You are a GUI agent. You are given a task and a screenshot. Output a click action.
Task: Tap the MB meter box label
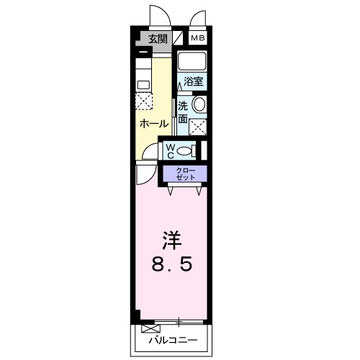click(x=197, y=39)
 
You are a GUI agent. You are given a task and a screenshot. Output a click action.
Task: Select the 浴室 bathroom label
click(x=192, y=81)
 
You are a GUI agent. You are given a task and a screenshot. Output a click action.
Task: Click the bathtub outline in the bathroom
click(x=192, y=60)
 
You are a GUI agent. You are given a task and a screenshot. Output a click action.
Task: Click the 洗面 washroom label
click(x=183, y=112)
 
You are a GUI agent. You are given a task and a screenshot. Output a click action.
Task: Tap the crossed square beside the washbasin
click(x=197, y=127)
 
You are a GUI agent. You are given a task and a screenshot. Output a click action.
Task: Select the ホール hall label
click(x=153, y=123)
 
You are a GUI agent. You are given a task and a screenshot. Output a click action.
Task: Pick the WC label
click(x=171, y=150)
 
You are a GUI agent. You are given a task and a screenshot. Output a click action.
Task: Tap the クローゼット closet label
click(x=182, y=173)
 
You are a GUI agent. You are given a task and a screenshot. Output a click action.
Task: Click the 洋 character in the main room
click(x=170, y=238)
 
